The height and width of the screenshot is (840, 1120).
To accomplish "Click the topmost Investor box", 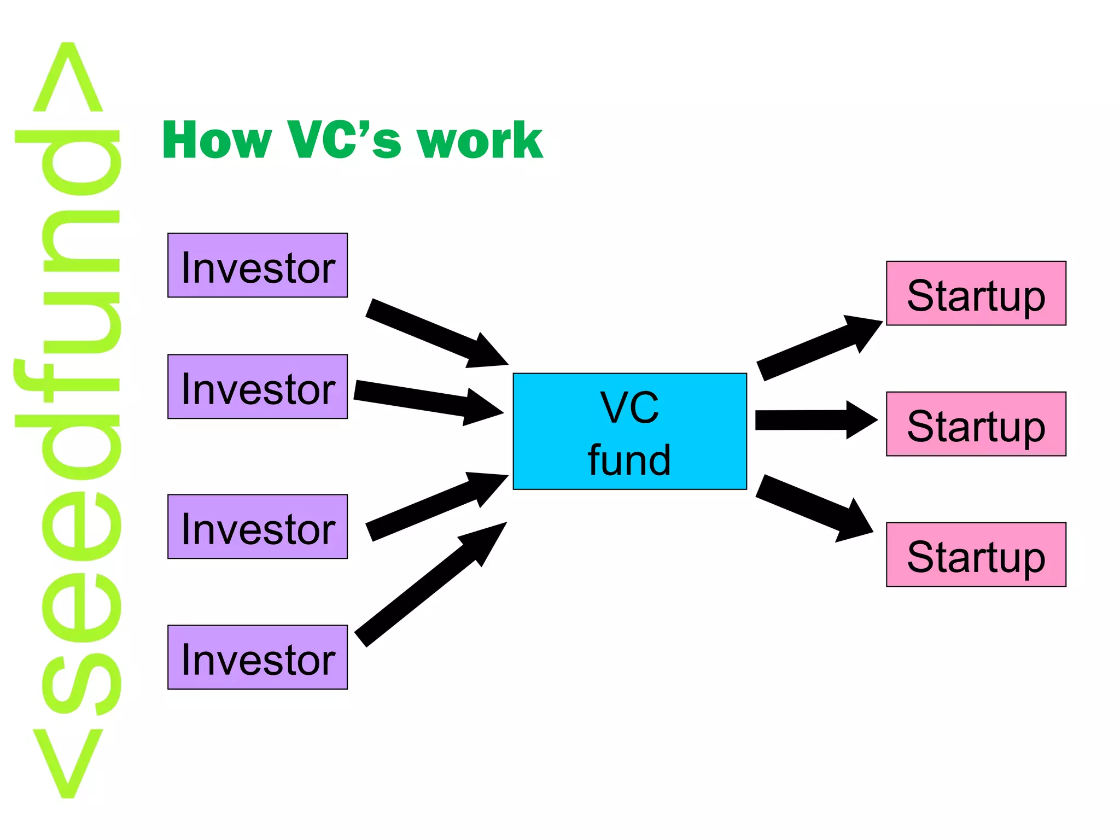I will coord(257,265).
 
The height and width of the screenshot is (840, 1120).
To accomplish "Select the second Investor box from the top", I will coord(257,387).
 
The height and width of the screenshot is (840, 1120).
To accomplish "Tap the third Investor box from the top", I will coord(257,527).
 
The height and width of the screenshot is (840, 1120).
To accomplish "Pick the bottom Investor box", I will coord(257,657).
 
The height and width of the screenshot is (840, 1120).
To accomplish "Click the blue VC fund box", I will coord(629,431).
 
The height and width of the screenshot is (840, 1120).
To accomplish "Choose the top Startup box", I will coord(976,293).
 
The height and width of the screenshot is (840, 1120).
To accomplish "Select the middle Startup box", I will coord(976,424).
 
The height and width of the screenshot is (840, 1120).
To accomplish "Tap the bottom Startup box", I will coord(976,555).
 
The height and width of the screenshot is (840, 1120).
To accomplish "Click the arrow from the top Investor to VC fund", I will coord(432,332).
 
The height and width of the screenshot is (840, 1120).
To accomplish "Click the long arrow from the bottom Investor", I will coord(427,588).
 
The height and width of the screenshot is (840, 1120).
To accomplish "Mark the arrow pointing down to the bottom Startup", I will coord(809,506).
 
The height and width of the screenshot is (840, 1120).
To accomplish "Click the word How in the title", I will coord(217,141).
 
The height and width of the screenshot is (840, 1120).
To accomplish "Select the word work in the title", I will coord(480,141).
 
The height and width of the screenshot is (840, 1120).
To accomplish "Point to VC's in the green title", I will coord(345,141).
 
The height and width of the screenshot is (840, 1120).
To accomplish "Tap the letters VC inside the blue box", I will coord(629,407).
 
